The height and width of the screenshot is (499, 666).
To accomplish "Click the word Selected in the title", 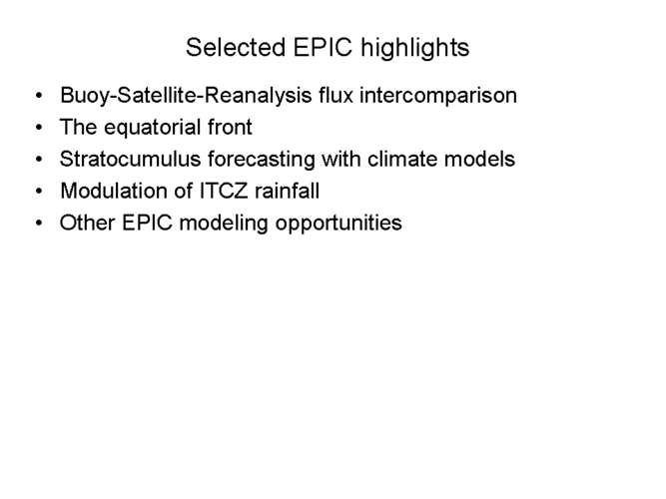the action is [236, 47].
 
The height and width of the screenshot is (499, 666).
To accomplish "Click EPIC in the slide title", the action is [323, 47].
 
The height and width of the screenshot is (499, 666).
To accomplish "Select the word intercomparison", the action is [438, 96].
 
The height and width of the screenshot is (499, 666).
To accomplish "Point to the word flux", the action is [335, 95].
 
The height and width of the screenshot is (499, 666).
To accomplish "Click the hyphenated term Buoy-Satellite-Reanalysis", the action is [187, 96].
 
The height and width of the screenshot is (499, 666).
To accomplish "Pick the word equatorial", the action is [153, 128].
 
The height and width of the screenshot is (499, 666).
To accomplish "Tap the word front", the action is [231, 127].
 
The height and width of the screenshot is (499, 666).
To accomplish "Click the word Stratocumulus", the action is [130, 159].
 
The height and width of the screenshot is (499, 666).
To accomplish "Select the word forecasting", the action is [262, 160].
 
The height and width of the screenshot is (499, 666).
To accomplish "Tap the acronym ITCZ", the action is [224, 191].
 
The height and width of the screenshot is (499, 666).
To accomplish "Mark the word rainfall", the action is [288, 191].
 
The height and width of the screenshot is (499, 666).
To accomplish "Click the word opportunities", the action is [338, 224].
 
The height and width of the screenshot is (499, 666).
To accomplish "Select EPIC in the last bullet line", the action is [148, 223].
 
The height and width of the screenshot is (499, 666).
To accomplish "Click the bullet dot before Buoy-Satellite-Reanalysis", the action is [39, 96].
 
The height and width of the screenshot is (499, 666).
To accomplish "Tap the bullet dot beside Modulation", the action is [39, 191].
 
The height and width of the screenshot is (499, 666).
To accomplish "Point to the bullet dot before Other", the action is [39, 223].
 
